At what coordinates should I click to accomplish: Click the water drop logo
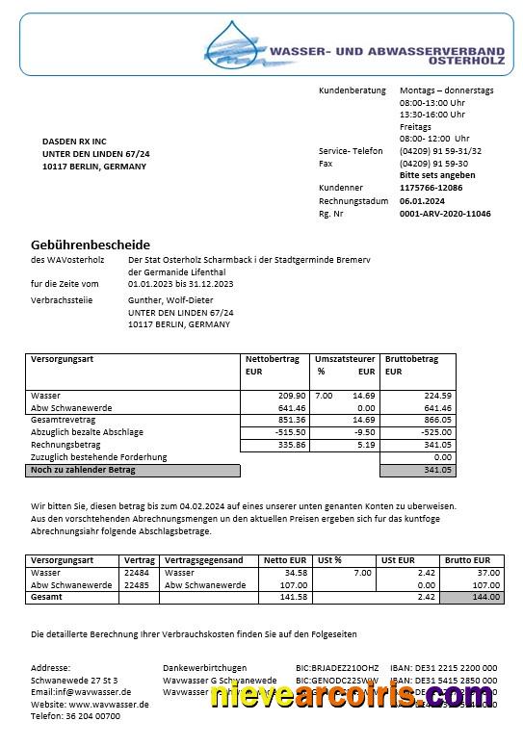tap(232, 45)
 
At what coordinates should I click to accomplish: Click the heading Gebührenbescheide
tap(91, 245)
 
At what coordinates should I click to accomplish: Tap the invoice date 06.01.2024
tap(422, 200)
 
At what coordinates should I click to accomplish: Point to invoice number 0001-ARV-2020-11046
tap(445, 214)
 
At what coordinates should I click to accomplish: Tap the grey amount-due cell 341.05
tap(417, 471)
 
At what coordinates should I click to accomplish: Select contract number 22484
tap(137, 573)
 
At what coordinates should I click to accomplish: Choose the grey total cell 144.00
tap(471, 598)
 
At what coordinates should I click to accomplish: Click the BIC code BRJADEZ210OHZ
tap(337, 667)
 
